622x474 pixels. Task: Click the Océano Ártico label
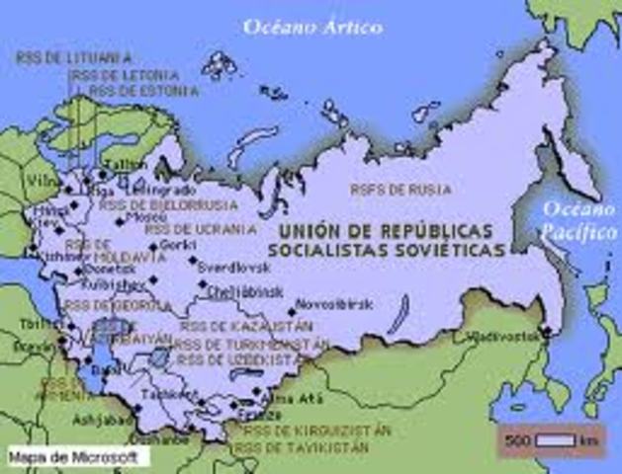pyautogui.click(x=312, y=27)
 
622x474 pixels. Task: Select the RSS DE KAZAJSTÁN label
pyautogui.click(x=247, y=326)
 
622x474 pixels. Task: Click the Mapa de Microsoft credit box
pyautogui.click(x=76, y=457)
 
